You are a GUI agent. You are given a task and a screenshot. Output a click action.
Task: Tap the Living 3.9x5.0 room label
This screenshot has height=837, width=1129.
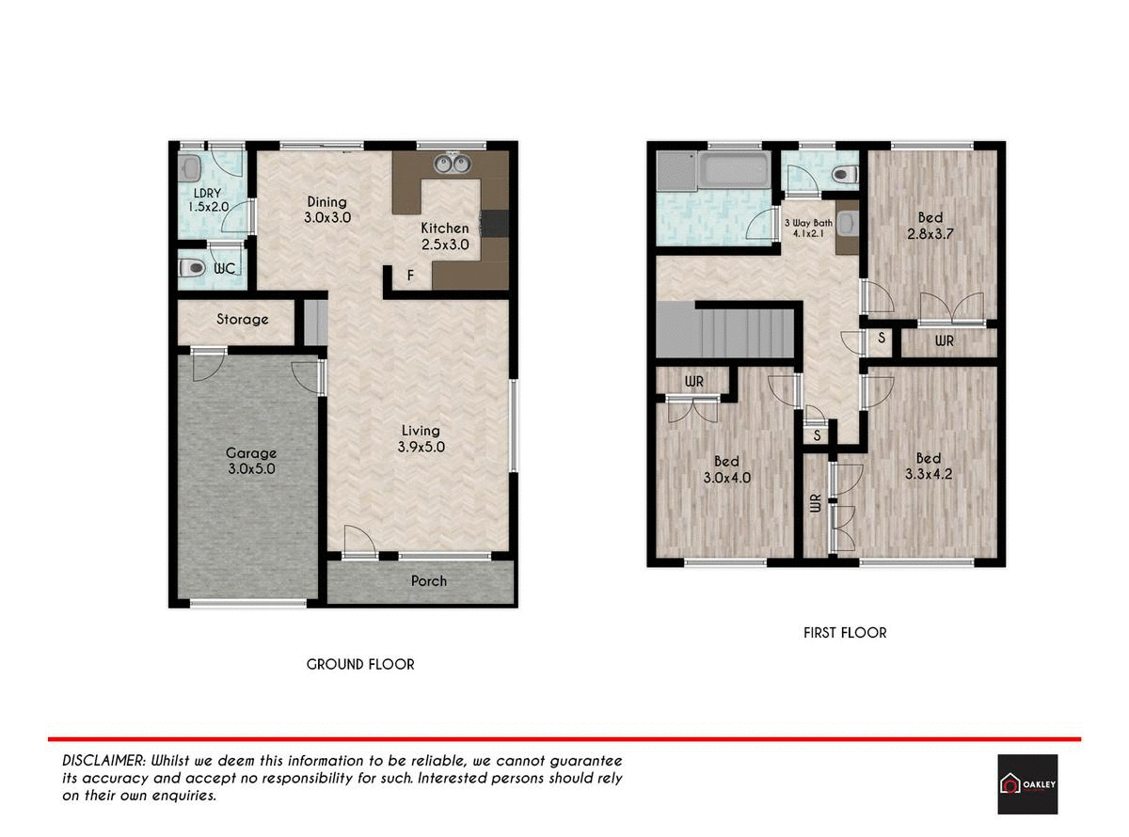pyautogui.click(x=421, y=439)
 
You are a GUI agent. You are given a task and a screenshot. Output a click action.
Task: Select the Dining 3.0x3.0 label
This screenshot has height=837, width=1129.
pyautogui.click(x=326, y=209)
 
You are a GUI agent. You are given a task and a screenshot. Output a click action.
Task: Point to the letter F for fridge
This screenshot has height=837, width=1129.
pyautogui.click(x=409, y=276)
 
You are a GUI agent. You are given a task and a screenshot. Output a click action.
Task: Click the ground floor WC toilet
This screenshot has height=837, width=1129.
pyautogui.click(x=192, y=269)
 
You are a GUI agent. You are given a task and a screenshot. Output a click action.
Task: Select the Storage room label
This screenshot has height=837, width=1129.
pyautogui.click(x=242, y=320)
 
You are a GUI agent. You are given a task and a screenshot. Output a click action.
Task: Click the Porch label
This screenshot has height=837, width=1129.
pyautogui.click(x=429, y=581)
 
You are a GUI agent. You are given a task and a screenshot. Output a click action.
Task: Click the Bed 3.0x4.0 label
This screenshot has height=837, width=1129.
pyautogui.click(x=725, y=469)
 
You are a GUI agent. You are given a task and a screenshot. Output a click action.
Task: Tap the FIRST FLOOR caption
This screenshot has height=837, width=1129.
pyautogui.click(x=844, y=633)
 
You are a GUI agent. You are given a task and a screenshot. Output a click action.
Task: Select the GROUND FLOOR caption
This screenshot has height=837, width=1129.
pyautogui.click(x=360, y=664)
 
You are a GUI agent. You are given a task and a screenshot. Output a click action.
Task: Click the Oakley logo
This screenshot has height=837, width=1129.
pyautogui.click(x=1026, y=783)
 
